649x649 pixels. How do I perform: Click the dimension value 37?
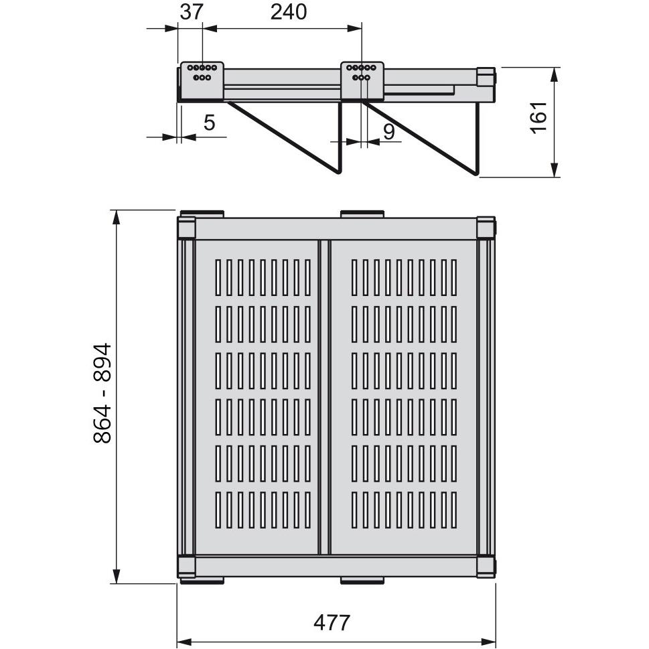coord(191,12)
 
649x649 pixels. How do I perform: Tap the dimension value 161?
coord(539,118)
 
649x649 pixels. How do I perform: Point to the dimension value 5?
coord(209,123)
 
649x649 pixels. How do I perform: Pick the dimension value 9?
coord(389,131)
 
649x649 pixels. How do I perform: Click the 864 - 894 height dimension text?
coord(102,393)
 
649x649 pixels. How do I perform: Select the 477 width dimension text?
coord(332,622)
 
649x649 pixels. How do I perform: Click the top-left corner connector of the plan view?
coord(186,228)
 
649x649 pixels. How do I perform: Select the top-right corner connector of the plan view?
coord(486,228)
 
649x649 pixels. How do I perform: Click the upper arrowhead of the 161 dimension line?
coord(555,74)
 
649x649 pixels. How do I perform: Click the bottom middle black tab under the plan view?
coord(362,581)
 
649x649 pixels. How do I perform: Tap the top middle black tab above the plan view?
coord(362,214)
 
